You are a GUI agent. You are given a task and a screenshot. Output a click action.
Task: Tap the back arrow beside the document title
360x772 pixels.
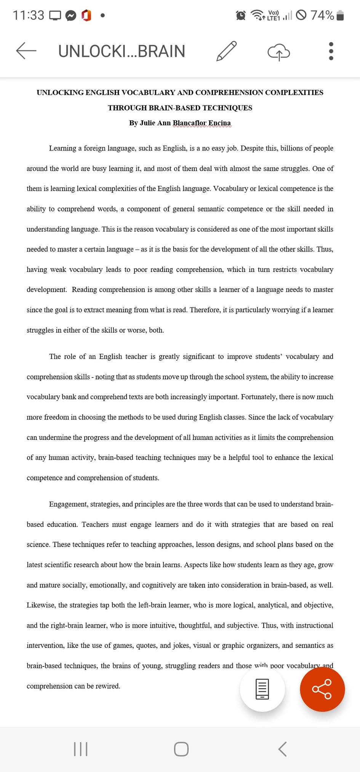click(26, 51)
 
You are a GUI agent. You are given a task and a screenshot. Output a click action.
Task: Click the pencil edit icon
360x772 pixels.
click(227, 51)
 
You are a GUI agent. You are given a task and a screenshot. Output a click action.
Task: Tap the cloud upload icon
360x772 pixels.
click(278, 52)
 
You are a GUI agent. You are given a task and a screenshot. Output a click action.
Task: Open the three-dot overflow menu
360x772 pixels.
click(331, 51)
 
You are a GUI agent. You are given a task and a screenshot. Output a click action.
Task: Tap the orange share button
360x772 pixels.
click(322, 689)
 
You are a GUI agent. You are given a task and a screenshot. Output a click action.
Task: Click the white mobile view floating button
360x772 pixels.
click(262, 689)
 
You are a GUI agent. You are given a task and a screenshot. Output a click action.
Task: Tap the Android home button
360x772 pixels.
click(181, 749)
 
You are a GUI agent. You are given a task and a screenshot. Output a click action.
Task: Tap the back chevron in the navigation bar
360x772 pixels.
click(282, 749)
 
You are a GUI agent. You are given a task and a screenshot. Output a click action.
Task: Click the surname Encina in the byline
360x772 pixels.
click(219, 123)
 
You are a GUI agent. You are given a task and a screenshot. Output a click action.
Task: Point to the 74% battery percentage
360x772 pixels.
click(322, 15)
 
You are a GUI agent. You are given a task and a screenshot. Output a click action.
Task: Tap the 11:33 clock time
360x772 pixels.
click(29, 15)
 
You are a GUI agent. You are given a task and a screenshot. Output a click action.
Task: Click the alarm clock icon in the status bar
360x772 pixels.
click(241, 15)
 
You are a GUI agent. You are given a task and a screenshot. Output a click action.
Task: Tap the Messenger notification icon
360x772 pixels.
click(71, 16)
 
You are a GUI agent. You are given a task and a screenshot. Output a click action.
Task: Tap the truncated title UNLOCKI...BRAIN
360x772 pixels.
click(122, 51)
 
